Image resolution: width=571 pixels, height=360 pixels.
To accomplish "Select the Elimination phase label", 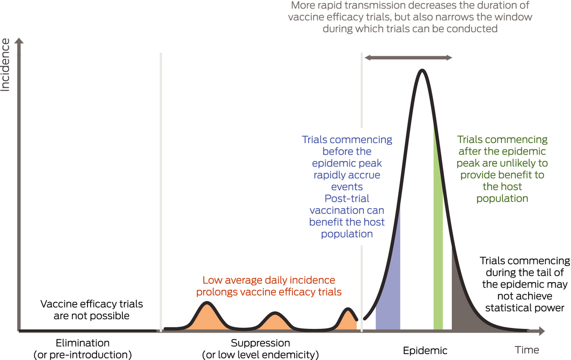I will point(82,343).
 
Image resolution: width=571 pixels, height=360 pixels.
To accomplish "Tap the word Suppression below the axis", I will point(260,343).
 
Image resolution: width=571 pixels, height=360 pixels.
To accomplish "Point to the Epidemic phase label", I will point(425,351).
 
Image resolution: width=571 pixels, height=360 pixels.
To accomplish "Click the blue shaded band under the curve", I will point(388,290).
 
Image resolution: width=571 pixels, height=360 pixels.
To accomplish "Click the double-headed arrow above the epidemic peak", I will point(408,57).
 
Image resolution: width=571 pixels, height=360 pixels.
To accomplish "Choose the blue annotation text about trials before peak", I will point(347,187).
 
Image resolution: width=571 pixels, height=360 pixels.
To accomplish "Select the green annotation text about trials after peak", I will point(502,169).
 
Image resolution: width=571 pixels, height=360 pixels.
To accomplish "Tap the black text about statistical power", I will point(524,284).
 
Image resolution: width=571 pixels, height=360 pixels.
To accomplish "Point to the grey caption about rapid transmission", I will point(410,17).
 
